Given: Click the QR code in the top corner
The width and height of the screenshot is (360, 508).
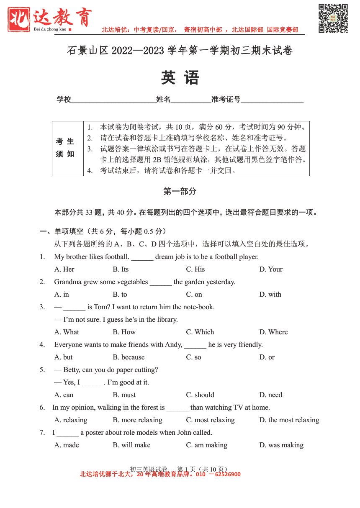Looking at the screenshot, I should [x=333, y=18].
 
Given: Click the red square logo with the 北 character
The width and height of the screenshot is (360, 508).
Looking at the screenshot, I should [x=19, y=19].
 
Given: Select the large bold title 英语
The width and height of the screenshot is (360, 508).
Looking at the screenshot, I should [x=180, y=78].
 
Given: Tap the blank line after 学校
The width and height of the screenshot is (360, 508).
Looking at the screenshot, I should [x=113, y=100].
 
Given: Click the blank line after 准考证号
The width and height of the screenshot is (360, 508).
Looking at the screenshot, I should [x=272, y=100].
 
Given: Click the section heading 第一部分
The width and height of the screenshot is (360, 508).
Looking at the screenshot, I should [x=180, y=191].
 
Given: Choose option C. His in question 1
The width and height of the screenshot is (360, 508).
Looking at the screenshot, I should [x=195, y=269].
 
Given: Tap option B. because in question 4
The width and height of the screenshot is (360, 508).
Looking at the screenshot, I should [x=129, y=357].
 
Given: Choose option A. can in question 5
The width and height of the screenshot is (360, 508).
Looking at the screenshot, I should [x=64, y=395].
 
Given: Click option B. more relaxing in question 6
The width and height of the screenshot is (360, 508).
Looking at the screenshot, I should [x=137, y=420].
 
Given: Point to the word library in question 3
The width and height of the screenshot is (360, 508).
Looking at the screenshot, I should [x=166, y=319].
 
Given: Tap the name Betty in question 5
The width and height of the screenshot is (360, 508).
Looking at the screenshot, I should [x=72, y=369].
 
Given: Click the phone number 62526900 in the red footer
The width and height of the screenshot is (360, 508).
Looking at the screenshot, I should [x=228, y=474].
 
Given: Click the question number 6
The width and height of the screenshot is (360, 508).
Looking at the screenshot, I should [x=42, y=407].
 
